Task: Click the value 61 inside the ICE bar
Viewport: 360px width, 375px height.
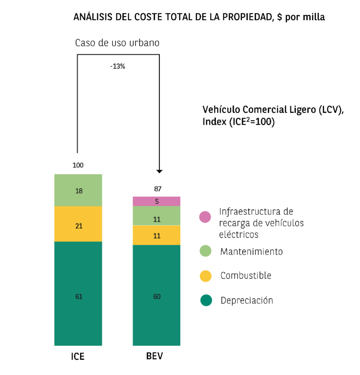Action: click(79, 297)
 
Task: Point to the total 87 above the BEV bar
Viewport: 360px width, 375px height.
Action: click(158, 189)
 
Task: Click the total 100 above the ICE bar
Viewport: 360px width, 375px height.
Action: click(78, 165)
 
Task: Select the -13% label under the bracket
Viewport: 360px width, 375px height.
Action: click(117, 66)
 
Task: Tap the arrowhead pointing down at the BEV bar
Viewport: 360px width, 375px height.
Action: click(159, 171)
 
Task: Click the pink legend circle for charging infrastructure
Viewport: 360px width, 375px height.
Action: click(205, 217)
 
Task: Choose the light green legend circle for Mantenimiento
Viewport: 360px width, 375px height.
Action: click(206, 251)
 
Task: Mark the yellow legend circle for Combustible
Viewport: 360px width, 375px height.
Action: click(206, 276)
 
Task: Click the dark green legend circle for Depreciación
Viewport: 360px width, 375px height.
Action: click(206, 300)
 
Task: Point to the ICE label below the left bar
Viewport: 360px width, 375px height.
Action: click(78, 356)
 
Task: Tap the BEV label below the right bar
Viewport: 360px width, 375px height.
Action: click(155, 356)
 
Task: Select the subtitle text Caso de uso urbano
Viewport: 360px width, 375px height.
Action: click(117, 43)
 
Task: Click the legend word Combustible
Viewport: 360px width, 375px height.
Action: click(246, 275)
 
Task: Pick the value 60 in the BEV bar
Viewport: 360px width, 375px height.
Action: click(157, 297)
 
